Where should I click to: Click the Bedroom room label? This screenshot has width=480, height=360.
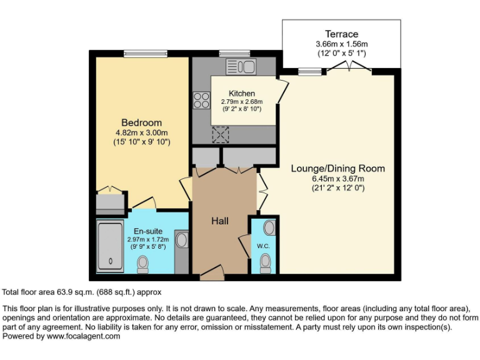coord(141,122)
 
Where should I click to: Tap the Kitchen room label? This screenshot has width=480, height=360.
coord(241,93)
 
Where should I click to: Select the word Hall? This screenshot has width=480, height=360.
coord(219,221)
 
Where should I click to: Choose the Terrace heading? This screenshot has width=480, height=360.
coord(341,34)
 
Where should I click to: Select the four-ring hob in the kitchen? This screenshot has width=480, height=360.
coord(202,100)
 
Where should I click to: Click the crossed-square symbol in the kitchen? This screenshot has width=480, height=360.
coord(221,134)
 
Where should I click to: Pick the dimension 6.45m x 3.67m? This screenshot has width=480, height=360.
coord(337,178)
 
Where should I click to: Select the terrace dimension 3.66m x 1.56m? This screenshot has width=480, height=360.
coord(341,44)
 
